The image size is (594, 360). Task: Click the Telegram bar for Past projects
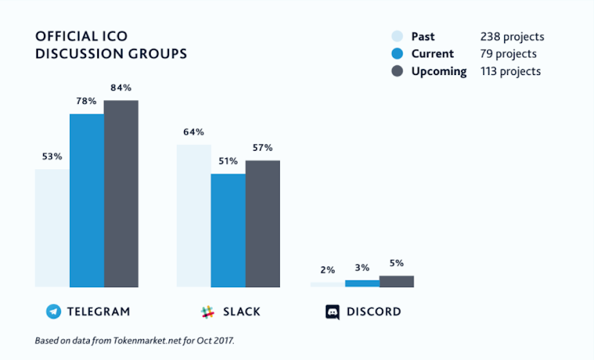(52, 228)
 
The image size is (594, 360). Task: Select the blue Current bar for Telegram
(87, 200)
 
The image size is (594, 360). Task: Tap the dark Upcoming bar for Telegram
(121, 193)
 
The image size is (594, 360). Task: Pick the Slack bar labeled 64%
(193, 215)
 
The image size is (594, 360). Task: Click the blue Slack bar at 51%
(228, 230)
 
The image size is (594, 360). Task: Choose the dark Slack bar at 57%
(263, 223)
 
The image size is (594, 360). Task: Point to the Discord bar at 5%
(396, 281)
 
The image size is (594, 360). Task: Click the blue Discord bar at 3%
(362, 283)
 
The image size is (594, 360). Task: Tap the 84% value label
(121, 88)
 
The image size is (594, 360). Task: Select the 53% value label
(52, 157)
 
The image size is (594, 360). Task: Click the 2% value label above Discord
(327, 269)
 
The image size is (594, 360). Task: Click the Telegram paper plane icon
(53, 312)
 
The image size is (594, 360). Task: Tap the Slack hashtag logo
(207, 312)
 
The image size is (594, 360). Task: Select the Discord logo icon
(333, 312)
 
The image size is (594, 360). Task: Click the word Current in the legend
(432, 54)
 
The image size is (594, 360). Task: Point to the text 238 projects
(512, 36)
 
